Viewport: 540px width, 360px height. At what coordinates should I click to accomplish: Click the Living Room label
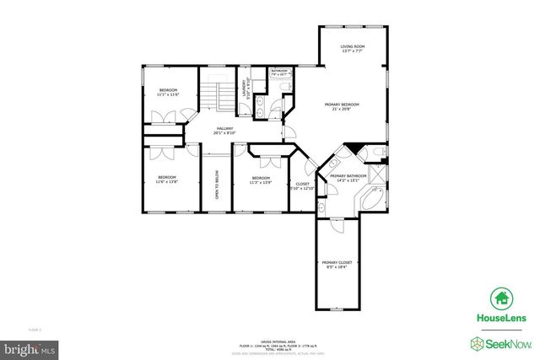[352, 49]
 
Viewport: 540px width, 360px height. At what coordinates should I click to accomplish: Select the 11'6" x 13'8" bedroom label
[167, 179]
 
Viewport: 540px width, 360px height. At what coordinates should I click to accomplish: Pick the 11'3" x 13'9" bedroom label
[261, 180]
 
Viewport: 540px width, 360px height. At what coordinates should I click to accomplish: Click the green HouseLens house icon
[500, 298]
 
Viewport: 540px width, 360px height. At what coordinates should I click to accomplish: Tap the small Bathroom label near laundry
[279, 73]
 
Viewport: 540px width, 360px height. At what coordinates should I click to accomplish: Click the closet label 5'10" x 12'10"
[302, 186]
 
